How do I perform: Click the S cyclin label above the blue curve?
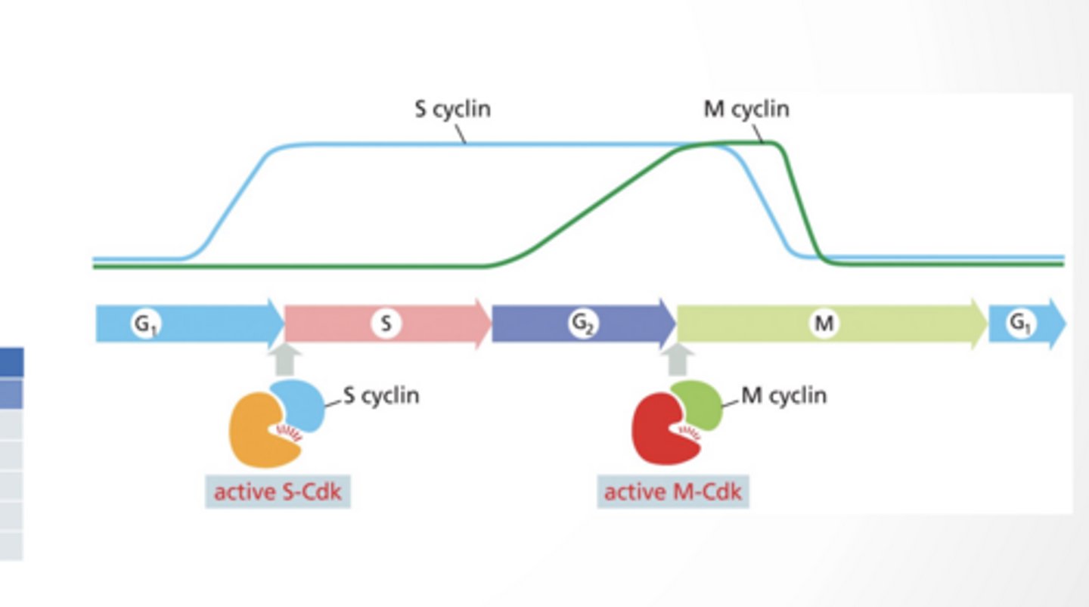(452, 109)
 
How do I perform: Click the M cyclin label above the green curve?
(746, 109)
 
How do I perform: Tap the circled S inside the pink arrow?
(386, 324)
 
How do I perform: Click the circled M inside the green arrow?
(824, 324)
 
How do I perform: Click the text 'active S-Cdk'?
(278, 492)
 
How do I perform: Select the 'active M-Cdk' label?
(672, 492)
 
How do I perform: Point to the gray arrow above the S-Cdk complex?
(285, 359)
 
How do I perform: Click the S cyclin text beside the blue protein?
(381, 395)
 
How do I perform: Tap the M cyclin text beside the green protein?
(784, 395)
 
